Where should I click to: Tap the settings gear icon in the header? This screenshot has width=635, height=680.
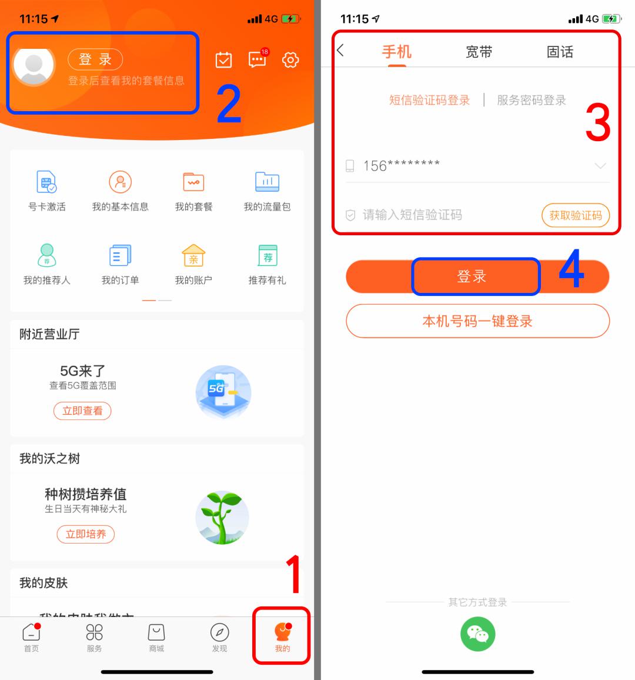pos(290,60)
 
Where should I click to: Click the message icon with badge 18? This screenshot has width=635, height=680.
pos(258,59)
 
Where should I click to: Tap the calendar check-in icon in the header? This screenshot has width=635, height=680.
pos(224,60)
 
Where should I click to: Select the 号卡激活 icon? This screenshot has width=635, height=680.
pos(46,182)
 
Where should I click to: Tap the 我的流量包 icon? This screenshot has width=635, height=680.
pos(267,182)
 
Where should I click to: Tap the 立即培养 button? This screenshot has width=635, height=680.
pos(86,534)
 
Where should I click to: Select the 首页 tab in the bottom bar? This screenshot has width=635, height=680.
pos(31,637)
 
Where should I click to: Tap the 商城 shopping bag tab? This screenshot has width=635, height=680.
pos(156,637)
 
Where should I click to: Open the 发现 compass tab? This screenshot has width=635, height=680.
pos(219,637)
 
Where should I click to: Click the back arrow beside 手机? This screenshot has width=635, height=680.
pos(340,51)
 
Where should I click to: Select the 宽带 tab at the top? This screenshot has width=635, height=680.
pos(479,52)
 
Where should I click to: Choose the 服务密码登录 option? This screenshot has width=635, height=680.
pos(532,101)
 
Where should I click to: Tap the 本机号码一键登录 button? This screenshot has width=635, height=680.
pos(477,321)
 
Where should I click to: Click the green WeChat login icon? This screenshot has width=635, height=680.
pos(477,634)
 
